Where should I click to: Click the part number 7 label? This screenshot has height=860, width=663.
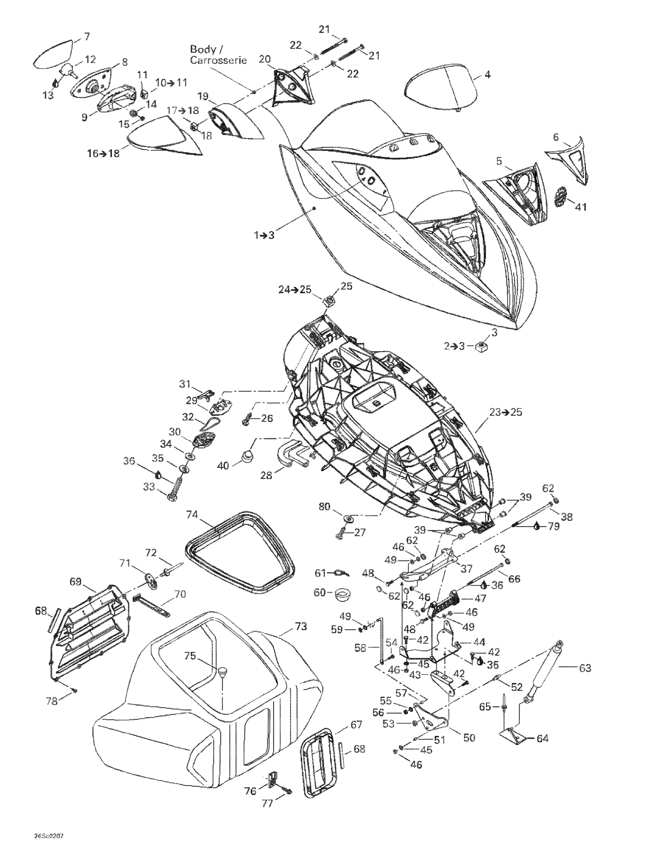(87, 37)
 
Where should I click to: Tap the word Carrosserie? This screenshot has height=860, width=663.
(219, 60)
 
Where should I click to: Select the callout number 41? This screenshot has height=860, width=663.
(580, 206)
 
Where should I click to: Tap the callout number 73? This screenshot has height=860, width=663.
(301, 626)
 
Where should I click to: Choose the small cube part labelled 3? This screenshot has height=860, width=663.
(479, 347)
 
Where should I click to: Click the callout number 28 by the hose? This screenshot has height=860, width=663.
(266, 475)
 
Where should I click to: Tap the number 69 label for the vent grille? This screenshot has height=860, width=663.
(75, 581)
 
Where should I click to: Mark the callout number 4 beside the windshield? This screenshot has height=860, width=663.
(487, 74)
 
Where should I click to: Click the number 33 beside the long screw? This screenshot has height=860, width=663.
(149, 487)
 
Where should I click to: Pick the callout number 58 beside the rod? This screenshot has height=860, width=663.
(360, 648)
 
